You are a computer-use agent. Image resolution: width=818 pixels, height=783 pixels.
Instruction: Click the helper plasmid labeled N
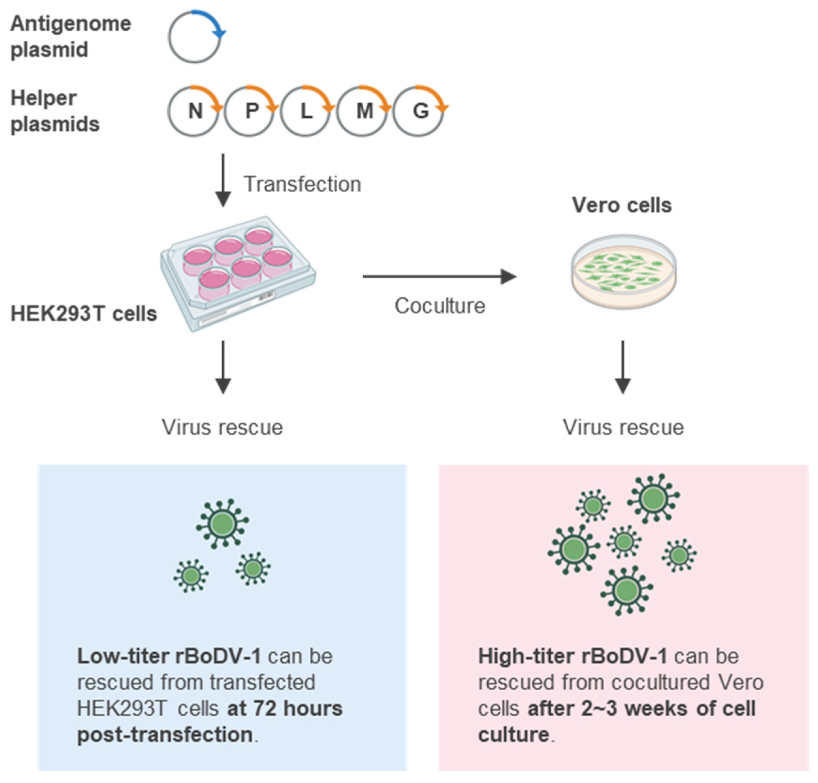coord(193,111)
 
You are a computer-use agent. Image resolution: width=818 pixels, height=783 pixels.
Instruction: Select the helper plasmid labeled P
coord(249,111)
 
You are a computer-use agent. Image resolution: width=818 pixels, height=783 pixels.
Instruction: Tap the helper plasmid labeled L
coord(305,111)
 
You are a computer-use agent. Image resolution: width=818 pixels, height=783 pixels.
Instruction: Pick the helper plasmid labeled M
coord(362,111)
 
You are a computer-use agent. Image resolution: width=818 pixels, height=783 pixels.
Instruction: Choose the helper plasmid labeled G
coord(418,111)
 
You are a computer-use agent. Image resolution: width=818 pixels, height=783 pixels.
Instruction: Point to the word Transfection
coord(302,184)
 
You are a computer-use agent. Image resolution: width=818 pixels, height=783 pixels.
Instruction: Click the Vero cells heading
coord(621,205)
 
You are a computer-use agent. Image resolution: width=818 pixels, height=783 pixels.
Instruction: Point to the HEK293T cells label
coord(84,314)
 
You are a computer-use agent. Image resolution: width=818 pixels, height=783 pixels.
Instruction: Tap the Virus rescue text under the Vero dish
coord(623,427)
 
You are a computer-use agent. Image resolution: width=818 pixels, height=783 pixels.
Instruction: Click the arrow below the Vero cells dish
coord(622,367)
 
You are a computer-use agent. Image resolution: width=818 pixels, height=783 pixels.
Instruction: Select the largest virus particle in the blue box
coord(222,523)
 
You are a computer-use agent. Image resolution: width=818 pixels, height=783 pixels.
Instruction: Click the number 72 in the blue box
coord(264,708)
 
